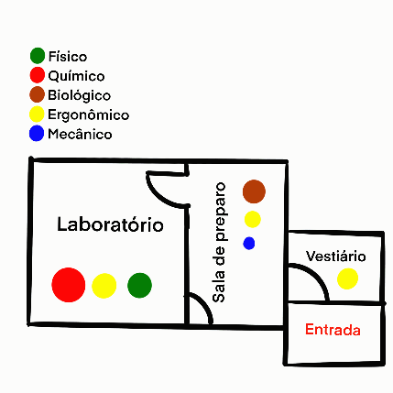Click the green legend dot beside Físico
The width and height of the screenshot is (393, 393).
(x=38, y=56)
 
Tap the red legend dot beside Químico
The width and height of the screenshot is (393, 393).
(x=38, y=75)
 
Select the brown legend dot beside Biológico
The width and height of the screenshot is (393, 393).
(x=37, y=94)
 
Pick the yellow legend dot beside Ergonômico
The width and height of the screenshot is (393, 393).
(x=37, y=114)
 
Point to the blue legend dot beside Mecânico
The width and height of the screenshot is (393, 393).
(x=37, y=134)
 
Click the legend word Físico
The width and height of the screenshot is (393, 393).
(x=68, y=57)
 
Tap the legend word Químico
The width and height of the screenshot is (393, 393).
(x=76, y=76)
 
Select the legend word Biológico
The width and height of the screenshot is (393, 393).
(x=79, y=95)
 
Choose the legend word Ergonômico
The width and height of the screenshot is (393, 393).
(x=88, y=115)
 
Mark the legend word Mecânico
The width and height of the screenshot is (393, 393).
(x=80, y=134)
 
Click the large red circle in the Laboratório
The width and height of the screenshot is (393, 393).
(x=69, y=285)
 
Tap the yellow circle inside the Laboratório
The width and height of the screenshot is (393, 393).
(x=104, y=286)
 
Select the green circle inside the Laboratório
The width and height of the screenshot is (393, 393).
(x=139, y=285)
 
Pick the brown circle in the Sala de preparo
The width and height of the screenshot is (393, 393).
(x=254, y=191)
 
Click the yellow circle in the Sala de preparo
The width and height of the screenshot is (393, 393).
(x=253, y=219)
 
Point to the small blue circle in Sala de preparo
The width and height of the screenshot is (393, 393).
(x=249, y=244)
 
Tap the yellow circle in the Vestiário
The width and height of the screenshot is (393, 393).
(x=347, y=278)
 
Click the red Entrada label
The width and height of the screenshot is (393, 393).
(x=333, y=330)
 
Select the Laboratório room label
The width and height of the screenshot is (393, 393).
(x=110, y=224)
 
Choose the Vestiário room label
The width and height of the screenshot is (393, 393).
(x=336, y=257)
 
